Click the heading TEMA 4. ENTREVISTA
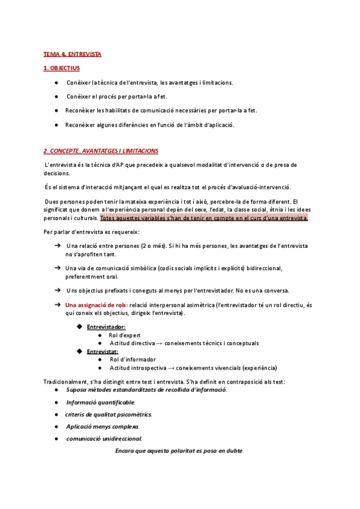point(72,54)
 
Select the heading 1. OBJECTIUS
point(61,69)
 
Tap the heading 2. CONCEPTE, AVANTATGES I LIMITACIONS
point(101,151)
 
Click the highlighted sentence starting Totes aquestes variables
point(204,218)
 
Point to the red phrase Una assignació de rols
point(96,306)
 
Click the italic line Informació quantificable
point(101,402)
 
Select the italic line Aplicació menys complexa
point(103,426)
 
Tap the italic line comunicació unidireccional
point(104,439)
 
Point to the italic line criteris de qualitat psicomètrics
point(109,414)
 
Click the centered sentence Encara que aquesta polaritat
point(179,451)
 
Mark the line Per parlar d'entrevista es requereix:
point(91,232)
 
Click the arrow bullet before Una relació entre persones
point(58,245)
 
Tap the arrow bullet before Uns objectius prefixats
point(58,290)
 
